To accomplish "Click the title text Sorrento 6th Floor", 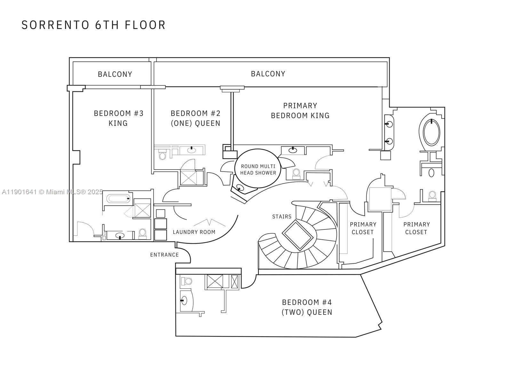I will point(93,25).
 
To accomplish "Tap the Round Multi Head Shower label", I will point(258,170).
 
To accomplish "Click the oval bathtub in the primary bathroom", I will point(431,132).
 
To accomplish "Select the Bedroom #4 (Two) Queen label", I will point(307,307).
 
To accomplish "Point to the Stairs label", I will point(282,217).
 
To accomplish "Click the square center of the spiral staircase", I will point(298,235).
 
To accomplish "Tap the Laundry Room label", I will point(194,232).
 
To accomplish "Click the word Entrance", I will point(164,255).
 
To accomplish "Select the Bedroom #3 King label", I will point(118,118).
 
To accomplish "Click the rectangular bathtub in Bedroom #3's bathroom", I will point(119,199).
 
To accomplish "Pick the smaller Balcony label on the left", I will point(115,74).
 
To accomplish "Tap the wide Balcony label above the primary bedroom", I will point(268,74).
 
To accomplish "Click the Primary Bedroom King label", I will point(300,110).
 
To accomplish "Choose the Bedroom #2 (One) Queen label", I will point(195,118).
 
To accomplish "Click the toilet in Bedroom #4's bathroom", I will point(186,281).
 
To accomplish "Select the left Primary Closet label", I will point(363,228).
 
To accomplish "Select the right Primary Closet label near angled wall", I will point(416,228).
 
